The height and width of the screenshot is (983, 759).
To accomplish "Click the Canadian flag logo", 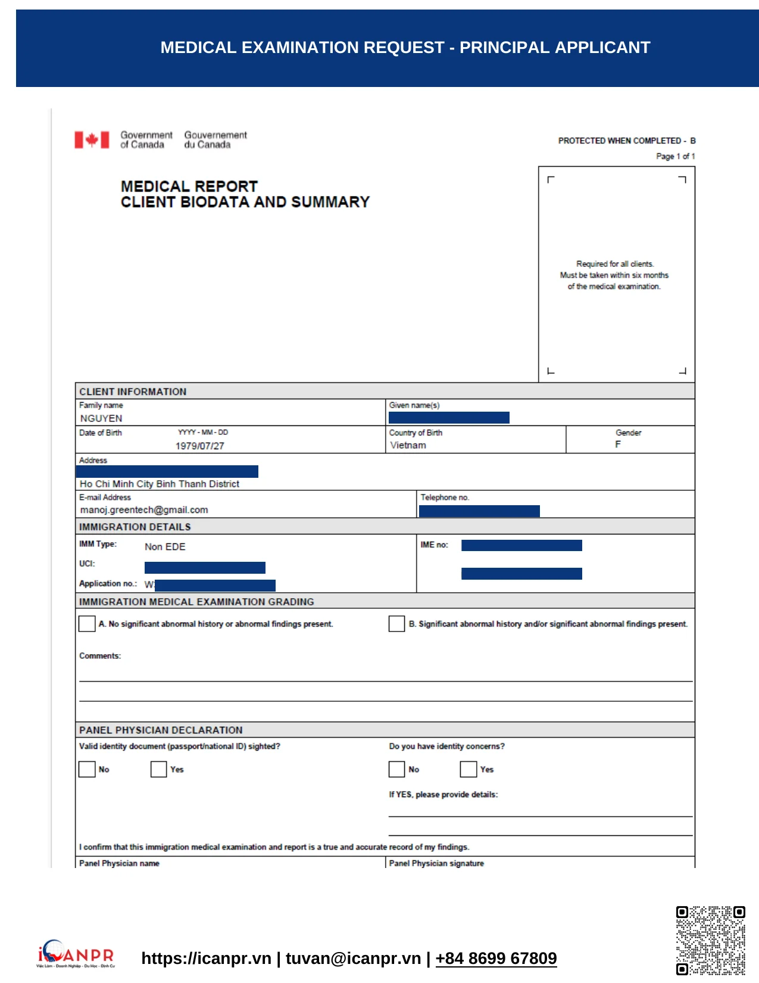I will pyautogui.click(x=92, y=140).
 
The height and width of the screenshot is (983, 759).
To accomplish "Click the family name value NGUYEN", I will pyautogui.click(x=101, y=418).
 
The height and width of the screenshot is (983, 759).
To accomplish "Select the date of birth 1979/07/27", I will pyautogui.click(x=199, y=446).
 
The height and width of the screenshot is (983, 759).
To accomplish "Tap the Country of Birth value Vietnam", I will pyautogui.click(x=408, y=445).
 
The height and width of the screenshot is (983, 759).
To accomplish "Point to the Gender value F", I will pyautogui.click(x=618, y=444).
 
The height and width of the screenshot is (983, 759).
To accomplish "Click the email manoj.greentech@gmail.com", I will pyautogui.click(x=144, y=510).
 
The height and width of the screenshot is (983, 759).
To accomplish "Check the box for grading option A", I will pyautogui.click(x=87, y=624).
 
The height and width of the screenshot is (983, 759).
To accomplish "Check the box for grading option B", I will pyautogui.click(x=396, y=624).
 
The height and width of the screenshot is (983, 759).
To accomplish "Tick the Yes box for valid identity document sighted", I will pyautogui.click(x=158, y=769).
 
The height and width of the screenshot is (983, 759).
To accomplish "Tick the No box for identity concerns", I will pyautogui.click(x=396, y=769).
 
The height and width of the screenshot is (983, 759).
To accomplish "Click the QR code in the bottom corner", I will pyautogui.click(x=710, y=940).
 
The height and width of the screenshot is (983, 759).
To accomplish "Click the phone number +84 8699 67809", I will pyautogui.click(x=496, y=958).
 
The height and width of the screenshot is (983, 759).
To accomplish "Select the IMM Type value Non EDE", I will pyautogui.click(x=165, y=547).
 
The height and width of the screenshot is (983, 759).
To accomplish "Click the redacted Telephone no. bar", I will pyautogui.click(x=479, y=511).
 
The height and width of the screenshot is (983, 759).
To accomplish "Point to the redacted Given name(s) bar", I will pyautogui.click(x=449, y=418).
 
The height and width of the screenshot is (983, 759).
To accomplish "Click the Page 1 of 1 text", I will pyautogui.click(x=675, y=156).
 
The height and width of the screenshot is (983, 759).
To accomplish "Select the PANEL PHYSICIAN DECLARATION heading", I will pyautogui.click(x=161, y=730).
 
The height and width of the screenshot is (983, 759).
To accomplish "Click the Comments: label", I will pyautogui.click(x=100, y=656).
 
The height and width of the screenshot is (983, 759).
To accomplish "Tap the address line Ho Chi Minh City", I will pyautogui.click(x=160, y=484).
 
